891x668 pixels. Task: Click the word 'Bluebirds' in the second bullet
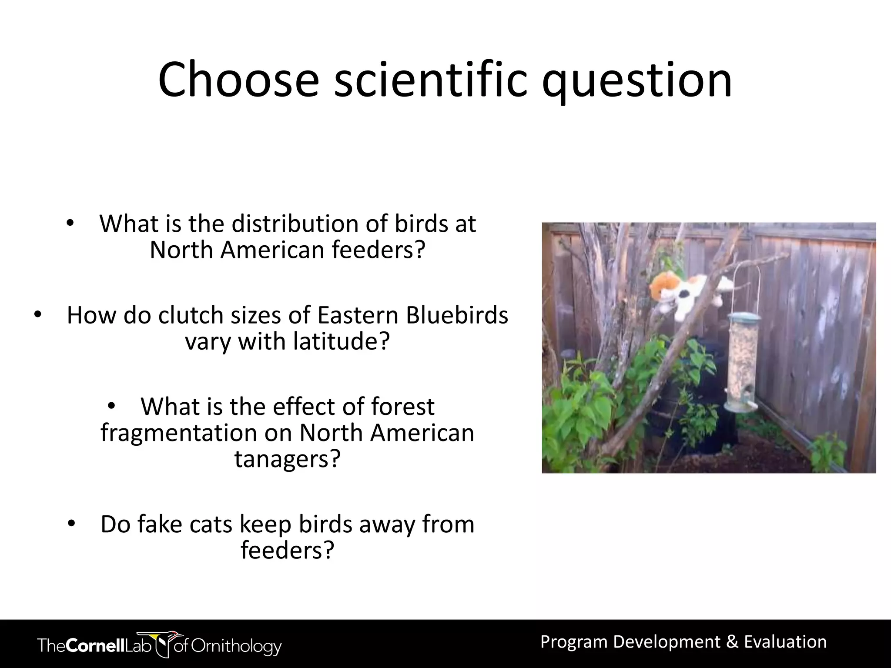point(457,315)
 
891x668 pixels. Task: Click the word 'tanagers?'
point(287,459)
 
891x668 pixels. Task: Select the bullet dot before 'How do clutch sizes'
point(38,314)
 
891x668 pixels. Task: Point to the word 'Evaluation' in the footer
point(785,642)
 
